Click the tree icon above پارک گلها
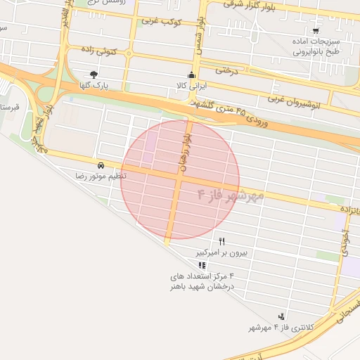(x=94, y=74)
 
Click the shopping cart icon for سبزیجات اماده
(x=316, y=30)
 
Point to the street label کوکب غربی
(x=162, y=21)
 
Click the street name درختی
(x=229, y=70)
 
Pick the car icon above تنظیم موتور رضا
(x=101, y=165)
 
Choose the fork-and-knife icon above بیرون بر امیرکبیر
(x=222, y=240)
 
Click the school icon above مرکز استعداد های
(x=202, y=265)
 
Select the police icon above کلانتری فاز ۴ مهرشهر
(x=282, y=317)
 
